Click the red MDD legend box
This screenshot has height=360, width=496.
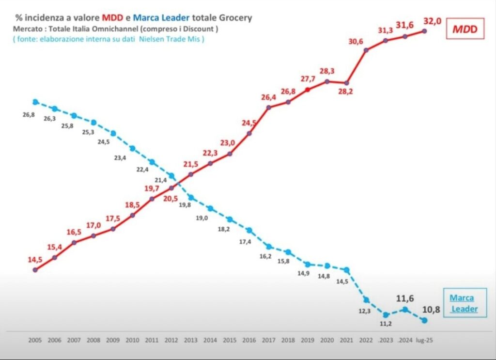tap(465, 30)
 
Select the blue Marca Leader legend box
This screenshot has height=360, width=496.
tap(461, 303)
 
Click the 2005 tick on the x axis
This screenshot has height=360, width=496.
tap(35, 340)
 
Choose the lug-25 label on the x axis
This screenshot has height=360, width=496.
tap(424, 340)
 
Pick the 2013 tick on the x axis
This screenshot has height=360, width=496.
tap(190, 340)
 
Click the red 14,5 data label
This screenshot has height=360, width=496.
tap(35, 260)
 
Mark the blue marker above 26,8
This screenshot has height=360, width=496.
tap(35, 102)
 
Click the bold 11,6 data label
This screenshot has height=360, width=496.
tap(405, 299)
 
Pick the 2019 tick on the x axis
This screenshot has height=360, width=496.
tap(307, 340)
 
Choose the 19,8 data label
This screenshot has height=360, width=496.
tap(185, 205)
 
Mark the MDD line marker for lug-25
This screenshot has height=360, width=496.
tap(424, 31)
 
